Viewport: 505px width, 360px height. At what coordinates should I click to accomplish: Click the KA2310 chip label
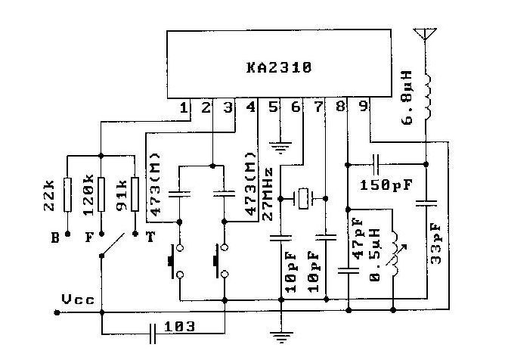[x=279, y=67]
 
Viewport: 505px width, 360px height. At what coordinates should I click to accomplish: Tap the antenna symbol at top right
[x=425, y=34]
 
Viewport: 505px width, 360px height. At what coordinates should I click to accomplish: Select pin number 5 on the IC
[x=273, y=107]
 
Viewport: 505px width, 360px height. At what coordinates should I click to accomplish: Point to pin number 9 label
[x=364, y=106]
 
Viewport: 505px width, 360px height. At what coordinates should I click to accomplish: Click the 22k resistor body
[x=67, y=194]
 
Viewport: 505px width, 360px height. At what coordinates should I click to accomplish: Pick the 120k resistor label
[x=88, y=194]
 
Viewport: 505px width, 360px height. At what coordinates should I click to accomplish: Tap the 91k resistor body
[x=135, y=194]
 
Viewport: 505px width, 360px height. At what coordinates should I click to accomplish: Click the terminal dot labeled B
[x=67, y=234]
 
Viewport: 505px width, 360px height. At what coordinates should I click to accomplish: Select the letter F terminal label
[x=89, y=237]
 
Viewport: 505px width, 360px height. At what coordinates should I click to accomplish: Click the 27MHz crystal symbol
[x=303, y=199]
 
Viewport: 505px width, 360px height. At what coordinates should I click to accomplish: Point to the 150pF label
[x=386, y=185]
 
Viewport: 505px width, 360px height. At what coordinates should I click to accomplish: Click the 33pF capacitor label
[x=435, y=244]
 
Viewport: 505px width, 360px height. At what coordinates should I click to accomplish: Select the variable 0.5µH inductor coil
[x=395, y=253]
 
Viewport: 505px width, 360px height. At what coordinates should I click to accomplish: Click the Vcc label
[x=79, y=299]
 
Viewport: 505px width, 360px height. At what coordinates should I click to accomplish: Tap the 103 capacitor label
[x=180, y=327]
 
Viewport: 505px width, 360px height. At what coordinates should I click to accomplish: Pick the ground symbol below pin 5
[x=280, y=147]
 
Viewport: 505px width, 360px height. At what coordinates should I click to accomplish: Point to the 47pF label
[x=358, y=239]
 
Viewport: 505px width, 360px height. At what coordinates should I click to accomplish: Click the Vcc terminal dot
[x=57, y=312]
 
